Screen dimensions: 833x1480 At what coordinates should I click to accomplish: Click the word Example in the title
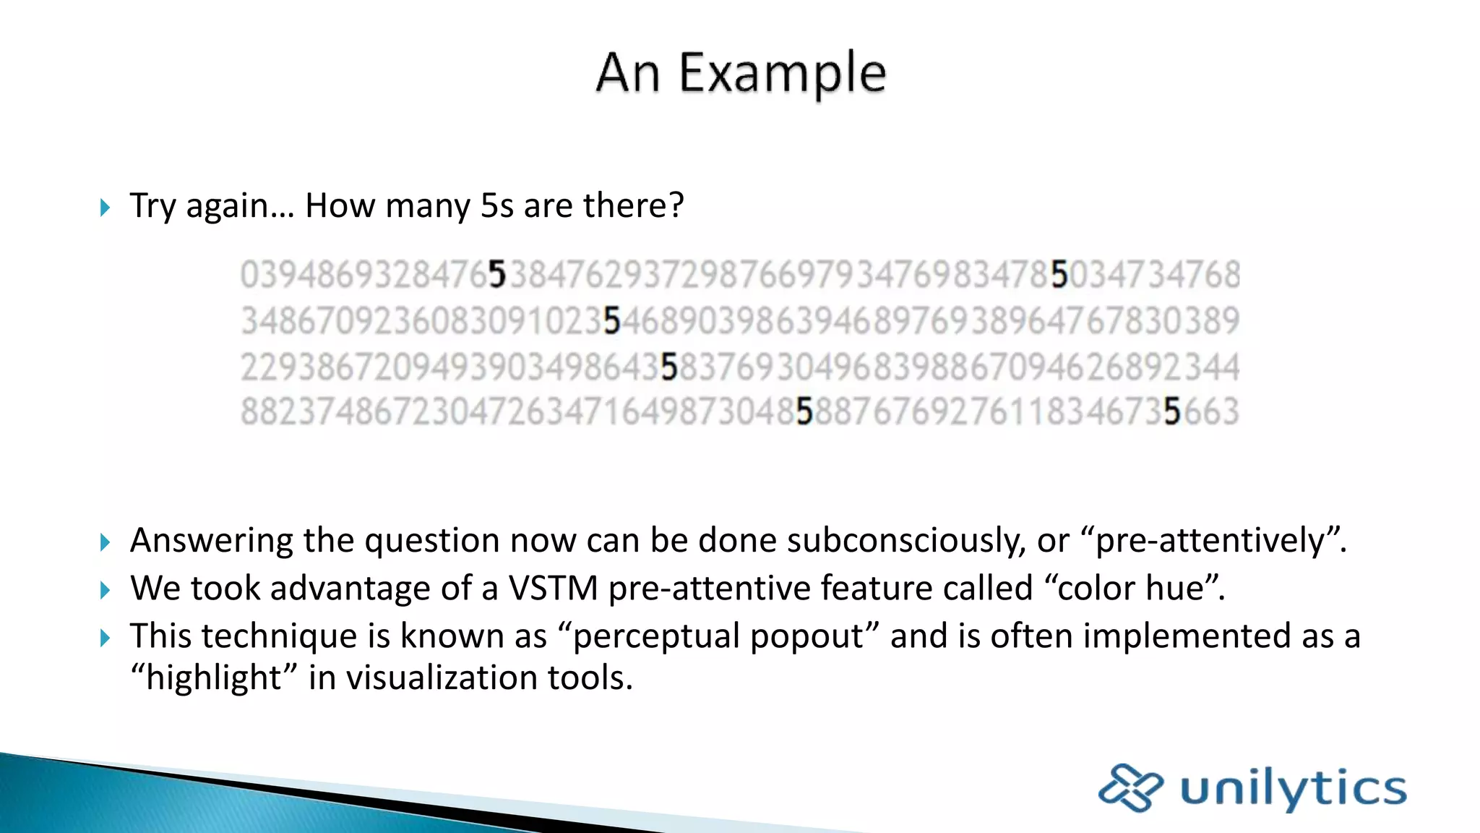pyautogui.click(x=783, y=74)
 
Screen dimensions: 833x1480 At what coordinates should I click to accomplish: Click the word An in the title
pyautogui.click(x=627, y=74)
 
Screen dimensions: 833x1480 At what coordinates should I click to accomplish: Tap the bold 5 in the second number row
pyautogui.click(x=612, y=321)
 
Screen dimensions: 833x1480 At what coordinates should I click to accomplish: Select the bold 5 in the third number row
pyautogui.click(x=669, y=367)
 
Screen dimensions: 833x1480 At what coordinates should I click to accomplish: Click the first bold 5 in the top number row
pyautogui.click(x=497, y=275)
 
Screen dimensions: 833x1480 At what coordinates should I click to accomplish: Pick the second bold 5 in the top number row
pyautogui.click(x=1059, y=275)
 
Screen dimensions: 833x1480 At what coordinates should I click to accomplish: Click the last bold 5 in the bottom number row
pyautogui.click(x=1172, y=412)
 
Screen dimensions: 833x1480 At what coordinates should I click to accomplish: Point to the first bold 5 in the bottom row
pyautogui.click(x=804, y=412)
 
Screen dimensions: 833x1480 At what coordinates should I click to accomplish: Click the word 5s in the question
pyautogui.click(x=497, y=206)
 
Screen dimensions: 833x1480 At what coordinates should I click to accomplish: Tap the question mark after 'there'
pyautogui.click(x=676, y=206)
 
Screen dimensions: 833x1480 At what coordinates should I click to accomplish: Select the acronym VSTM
pyautogui.click(x=553, y=588)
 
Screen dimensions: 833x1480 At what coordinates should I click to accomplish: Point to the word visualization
pyautogui.click(x=442, y=678)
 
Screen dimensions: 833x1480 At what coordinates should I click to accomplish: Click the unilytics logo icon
pyautogui.click(x=1130, y=787)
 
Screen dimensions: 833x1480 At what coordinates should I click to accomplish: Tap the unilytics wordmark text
pyautogui.click(x=1294, y=789)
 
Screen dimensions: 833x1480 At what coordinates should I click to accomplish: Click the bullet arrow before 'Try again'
pyautogui.click(x=106, y=208)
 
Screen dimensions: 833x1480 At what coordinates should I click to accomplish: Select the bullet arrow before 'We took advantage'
pyautogui.click(x=106, y=590)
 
